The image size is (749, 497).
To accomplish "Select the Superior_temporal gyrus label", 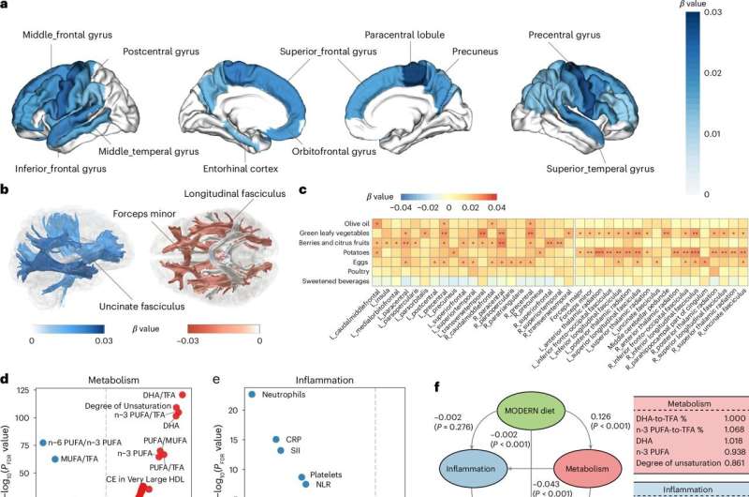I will tap(613, 170).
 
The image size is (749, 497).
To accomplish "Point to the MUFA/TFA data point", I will tap(55, 459).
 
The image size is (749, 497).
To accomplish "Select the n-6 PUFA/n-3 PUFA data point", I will tap(42, 443).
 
